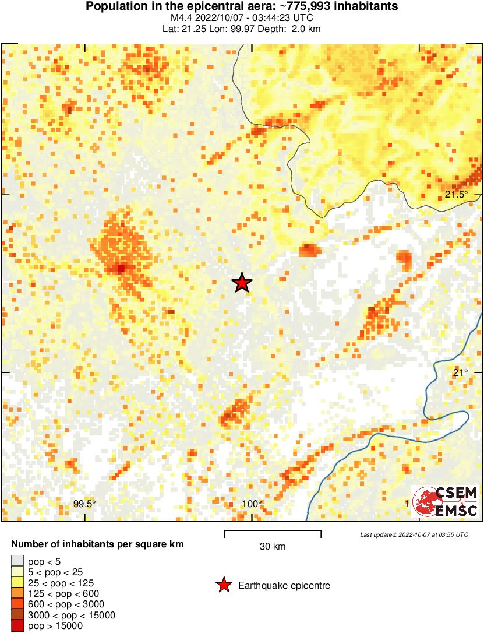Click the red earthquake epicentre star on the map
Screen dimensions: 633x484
[x=242, y=283]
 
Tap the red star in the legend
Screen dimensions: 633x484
[x=224, y=585]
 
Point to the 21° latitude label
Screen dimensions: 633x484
[x=460, y=373]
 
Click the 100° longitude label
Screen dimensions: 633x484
[x=252, y=504]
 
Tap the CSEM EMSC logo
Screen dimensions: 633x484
[x=446, y=501]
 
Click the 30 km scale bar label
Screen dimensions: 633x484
[x=272, y=547]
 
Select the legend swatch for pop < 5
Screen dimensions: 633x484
[x=18, y=561]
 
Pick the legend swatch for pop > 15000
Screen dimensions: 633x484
[x=18, y=626]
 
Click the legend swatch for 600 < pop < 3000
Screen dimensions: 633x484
[x=18, y=604]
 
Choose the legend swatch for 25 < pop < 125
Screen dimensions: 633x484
[x=18, y=582]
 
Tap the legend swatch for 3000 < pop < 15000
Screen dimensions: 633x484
[x=18, y=616]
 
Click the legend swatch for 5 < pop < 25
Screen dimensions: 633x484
[x=18, y=572]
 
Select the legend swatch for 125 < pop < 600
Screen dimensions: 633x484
[x=18, y=593]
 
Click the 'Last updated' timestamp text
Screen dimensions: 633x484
[x=414, y=534]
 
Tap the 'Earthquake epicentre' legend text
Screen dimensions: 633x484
[x=284, y=585]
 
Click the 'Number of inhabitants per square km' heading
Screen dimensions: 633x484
[x=98, y=544]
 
